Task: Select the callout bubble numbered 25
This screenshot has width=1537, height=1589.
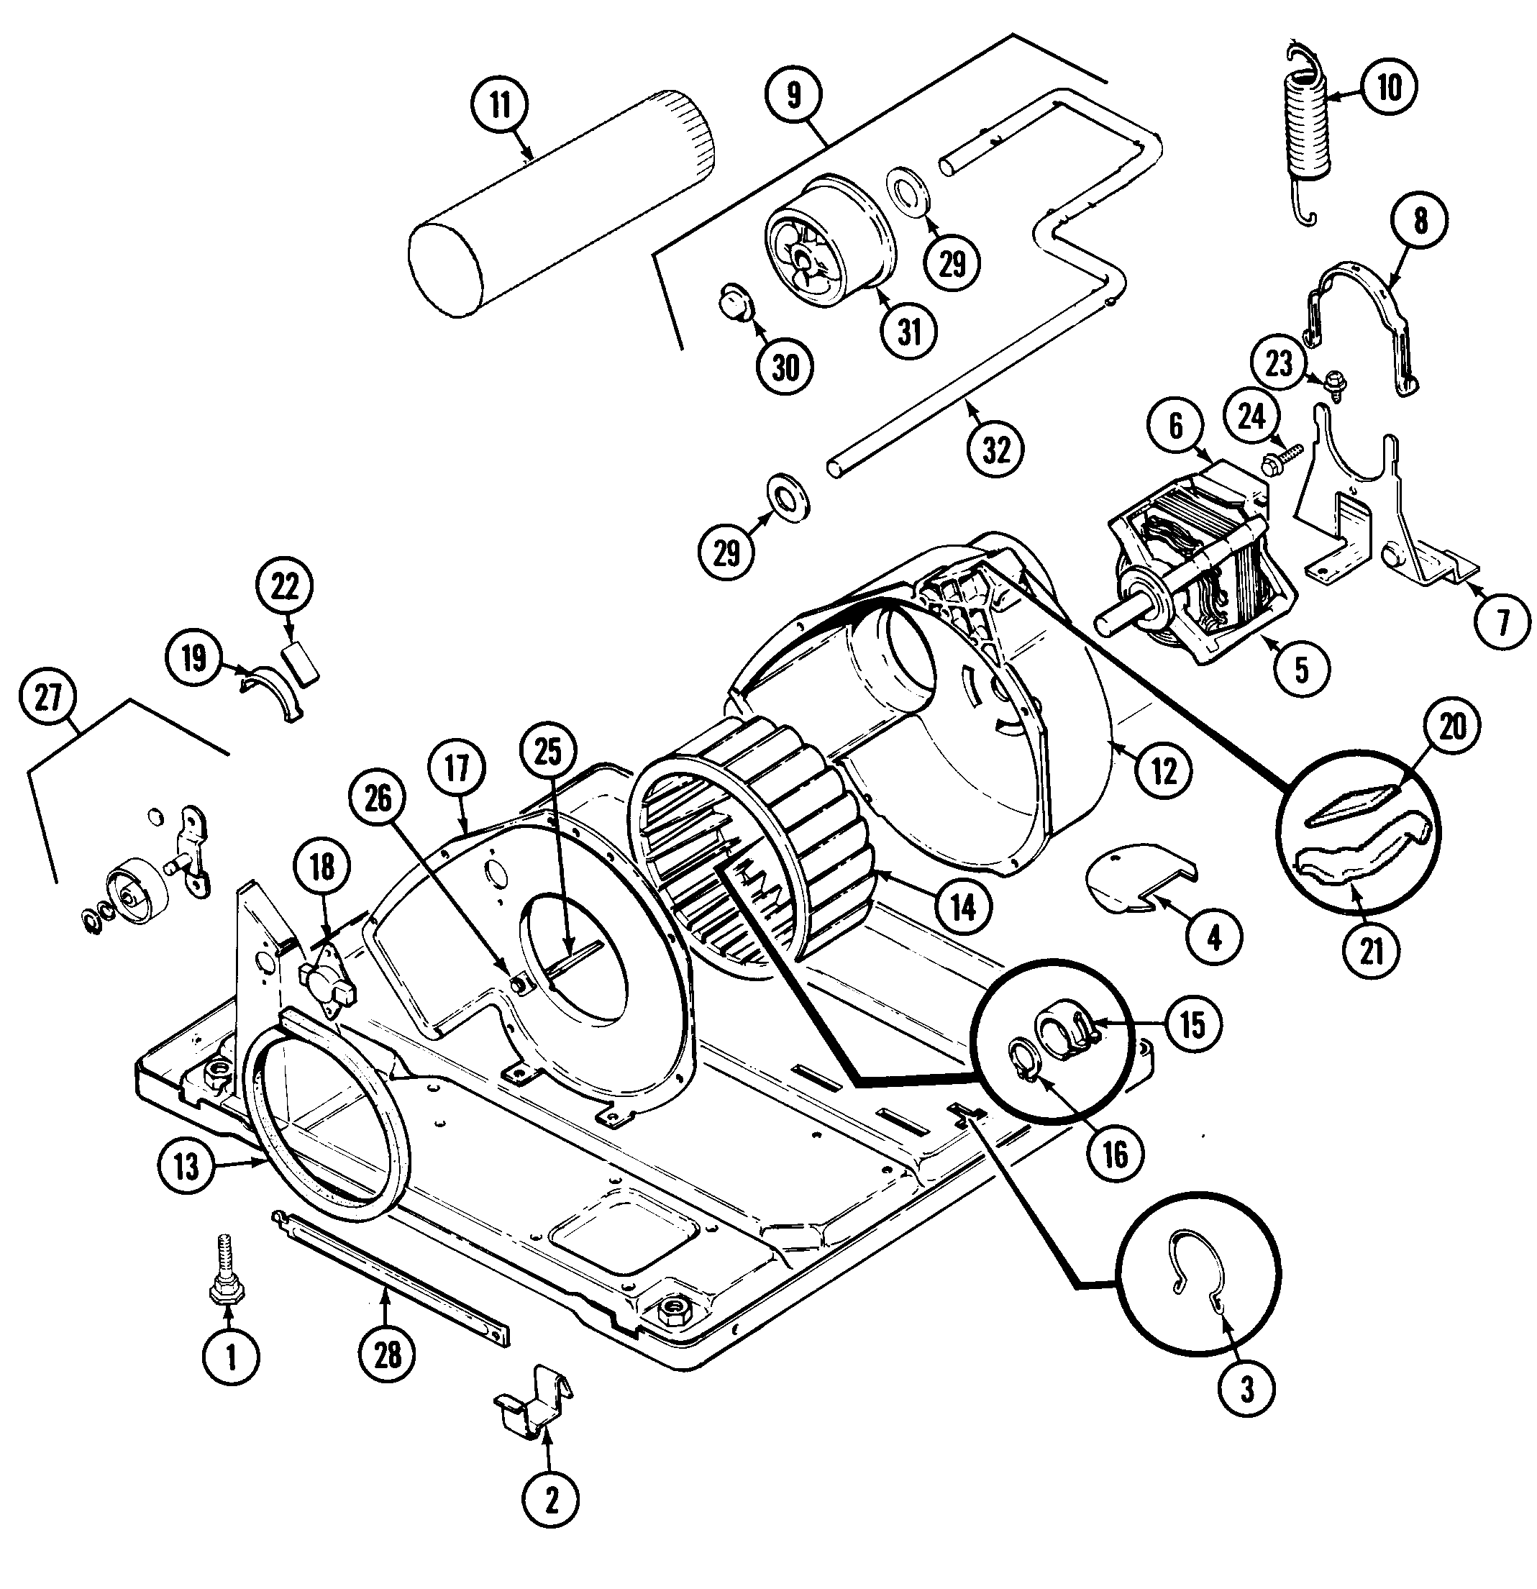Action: point(549,752)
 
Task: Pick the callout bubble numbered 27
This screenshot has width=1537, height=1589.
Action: point(49,697)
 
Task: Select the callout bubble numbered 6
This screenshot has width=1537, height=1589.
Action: point(1176,427)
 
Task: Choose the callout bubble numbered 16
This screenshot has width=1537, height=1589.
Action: point(1115,1155)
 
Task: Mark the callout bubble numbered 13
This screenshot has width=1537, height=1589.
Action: point(186,1167)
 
